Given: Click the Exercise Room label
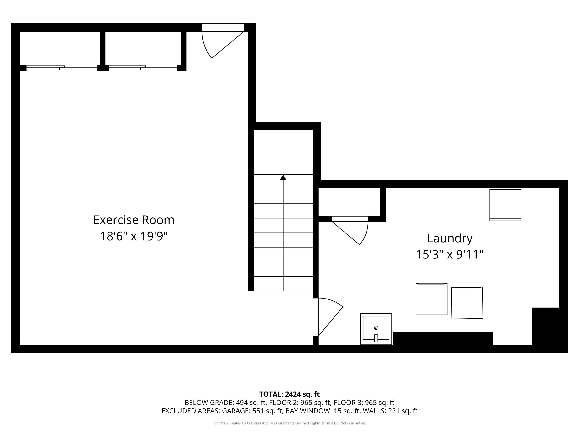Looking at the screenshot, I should point(134,220).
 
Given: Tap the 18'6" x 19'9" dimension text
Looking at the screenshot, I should point(134,236).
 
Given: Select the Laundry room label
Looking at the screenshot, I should point(450,238).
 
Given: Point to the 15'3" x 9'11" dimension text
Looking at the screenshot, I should point(450,254).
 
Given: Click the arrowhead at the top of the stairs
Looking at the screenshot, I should point(283,178).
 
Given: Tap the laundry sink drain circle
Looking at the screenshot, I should point(376,328).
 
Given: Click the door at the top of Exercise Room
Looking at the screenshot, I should point(223,27).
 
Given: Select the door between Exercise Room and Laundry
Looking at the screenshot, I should point(316,317).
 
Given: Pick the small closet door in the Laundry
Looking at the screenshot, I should point(350,219).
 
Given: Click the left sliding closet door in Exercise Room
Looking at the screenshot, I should point(62,68).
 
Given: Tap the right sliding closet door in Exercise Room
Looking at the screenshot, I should point(143,68).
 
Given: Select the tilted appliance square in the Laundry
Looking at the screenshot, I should point(467,303).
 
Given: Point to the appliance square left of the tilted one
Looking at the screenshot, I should point(431,299).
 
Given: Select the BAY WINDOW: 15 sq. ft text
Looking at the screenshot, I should point(323,411).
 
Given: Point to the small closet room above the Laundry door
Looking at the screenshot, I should point(349,202).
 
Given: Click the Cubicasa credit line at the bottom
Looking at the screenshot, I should point(289,423).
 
